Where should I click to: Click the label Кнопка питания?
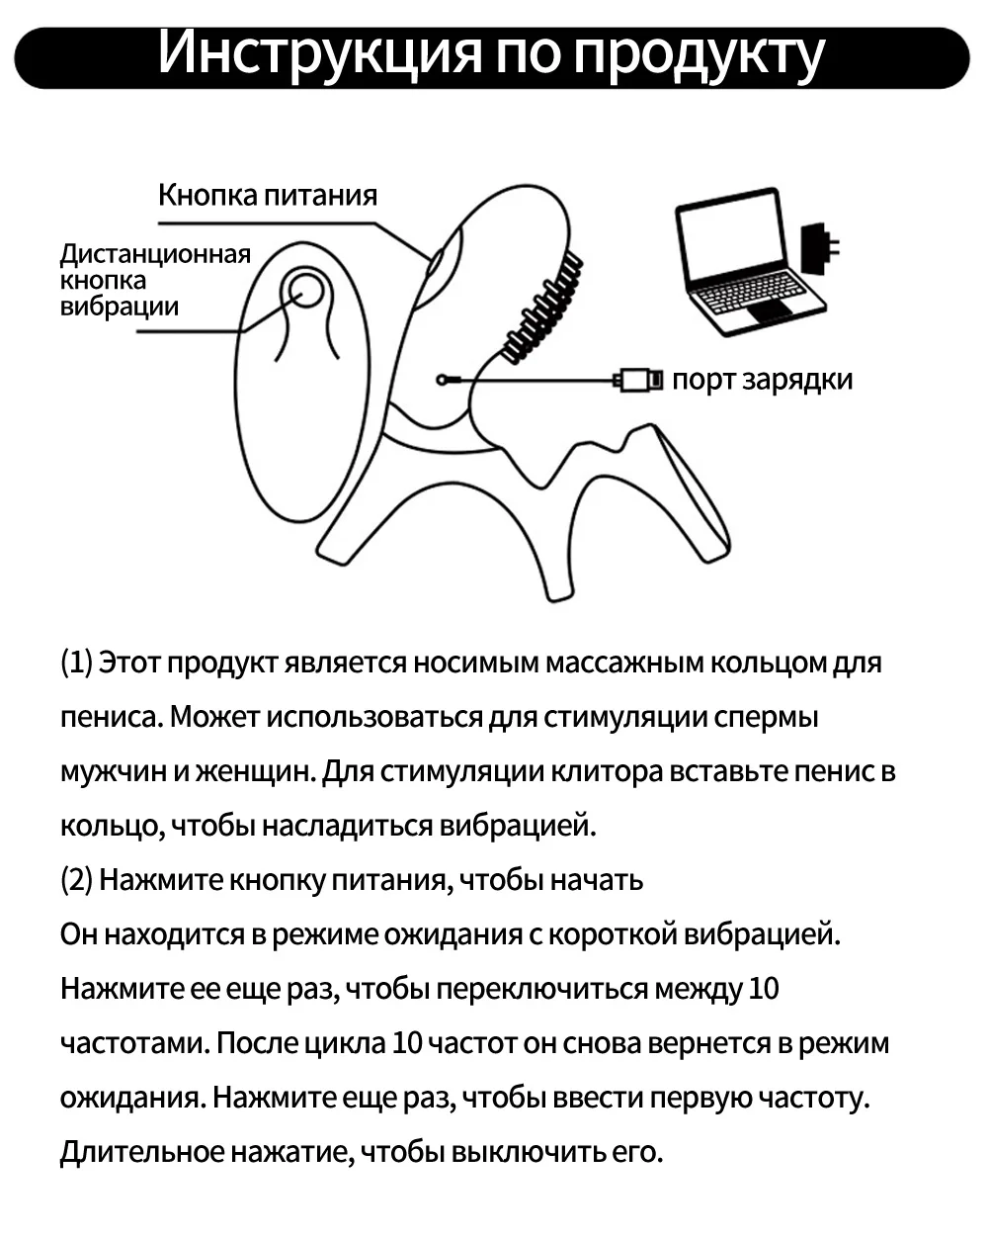268,194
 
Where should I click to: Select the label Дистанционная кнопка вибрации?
154,280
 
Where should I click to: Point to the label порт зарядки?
762,380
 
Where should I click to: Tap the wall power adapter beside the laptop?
819,249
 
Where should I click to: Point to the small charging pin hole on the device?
444,378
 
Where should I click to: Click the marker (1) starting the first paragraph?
76,663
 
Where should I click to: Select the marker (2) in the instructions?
76,880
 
